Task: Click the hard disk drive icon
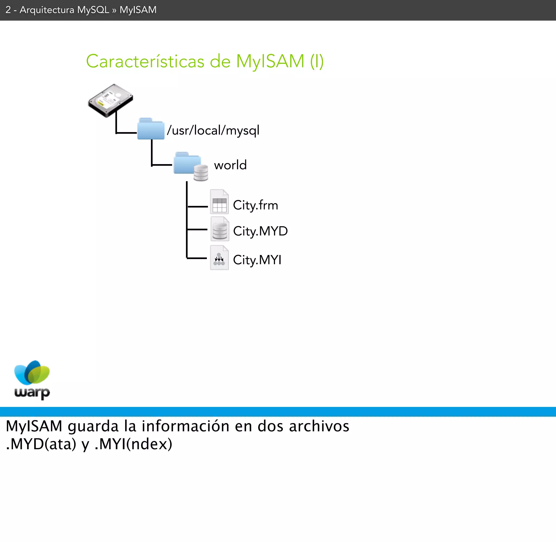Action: coord(110,100)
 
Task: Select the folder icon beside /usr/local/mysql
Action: coord(151,129)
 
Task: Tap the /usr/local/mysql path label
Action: coord(213,130)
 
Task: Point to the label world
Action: coord(230,165)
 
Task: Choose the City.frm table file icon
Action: coord(219,202)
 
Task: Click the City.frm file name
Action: coord(255,205)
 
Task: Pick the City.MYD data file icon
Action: coord(220,229)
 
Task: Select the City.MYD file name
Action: coord(260,231)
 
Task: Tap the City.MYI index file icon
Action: coord(219,258)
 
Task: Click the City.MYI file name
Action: coord(257,260)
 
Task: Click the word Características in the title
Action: coord(145,61)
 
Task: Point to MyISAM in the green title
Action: coord(270,61)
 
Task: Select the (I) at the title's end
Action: coord(317,61)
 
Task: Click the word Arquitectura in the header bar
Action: coord(47,10)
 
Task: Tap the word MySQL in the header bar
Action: coord(93,10)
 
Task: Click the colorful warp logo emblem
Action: coord(32,372)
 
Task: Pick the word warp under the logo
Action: coord(32,393)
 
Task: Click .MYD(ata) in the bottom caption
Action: coord(41,444)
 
